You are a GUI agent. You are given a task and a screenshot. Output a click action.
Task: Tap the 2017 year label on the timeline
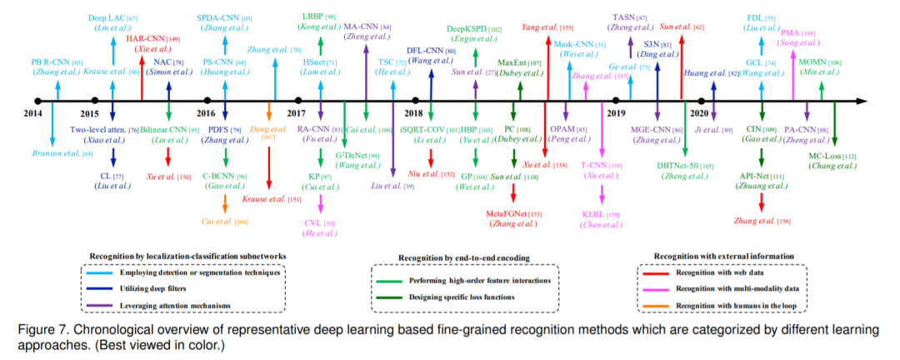(x=296, y=112)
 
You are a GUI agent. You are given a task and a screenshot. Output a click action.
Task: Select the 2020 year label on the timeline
(x=700, y=112)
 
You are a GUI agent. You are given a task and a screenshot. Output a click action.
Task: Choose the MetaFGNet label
(x=513, y=214)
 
